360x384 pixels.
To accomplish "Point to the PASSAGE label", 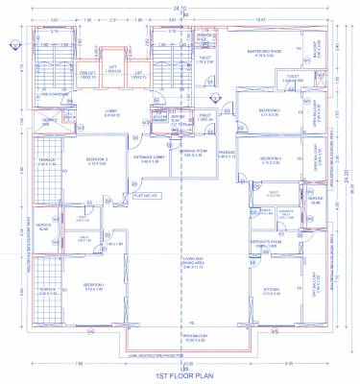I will tap(227, 152).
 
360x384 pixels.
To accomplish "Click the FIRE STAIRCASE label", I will tap(52, 94).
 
